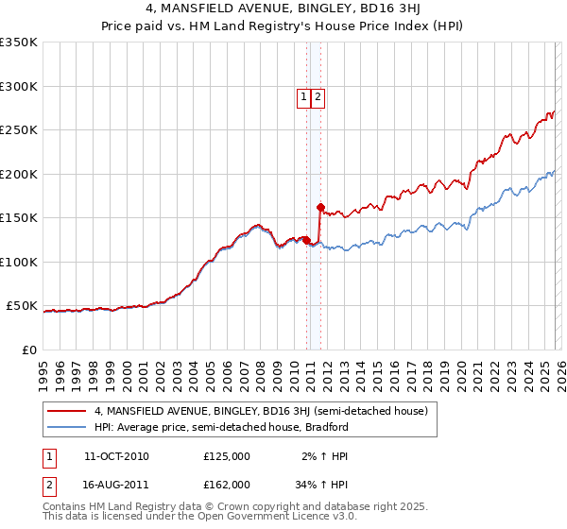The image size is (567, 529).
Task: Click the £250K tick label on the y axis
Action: [19, 130]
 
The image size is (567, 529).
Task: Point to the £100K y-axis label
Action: [19, 262]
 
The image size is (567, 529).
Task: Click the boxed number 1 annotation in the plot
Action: [303, 96]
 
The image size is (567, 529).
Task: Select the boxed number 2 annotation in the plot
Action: [318, 96]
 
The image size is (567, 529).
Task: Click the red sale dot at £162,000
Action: [321, 207]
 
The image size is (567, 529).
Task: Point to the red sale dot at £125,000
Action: [307, 240]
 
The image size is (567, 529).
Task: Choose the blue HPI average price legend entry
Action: [221, 427]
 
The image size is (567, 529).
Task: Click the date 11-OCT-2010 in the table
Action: [116, 456]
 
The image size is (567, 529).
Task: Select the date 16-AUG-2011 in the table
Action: [116, 484]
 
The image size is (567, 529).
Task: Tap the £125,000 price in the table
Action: [227, 456]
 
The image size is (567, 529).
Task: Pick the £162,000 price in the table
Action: [227, 484]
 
